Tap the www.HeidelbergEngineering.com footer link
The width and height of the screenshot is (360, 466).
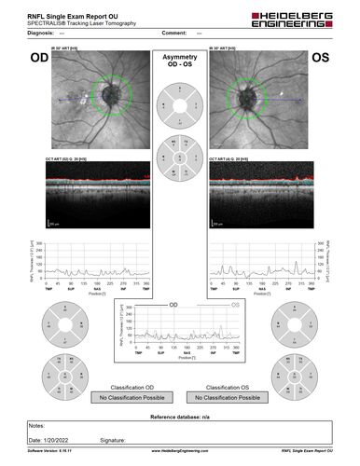point(179,450)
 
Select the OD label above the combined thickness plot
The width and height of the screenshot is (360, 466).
point(173,305)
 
